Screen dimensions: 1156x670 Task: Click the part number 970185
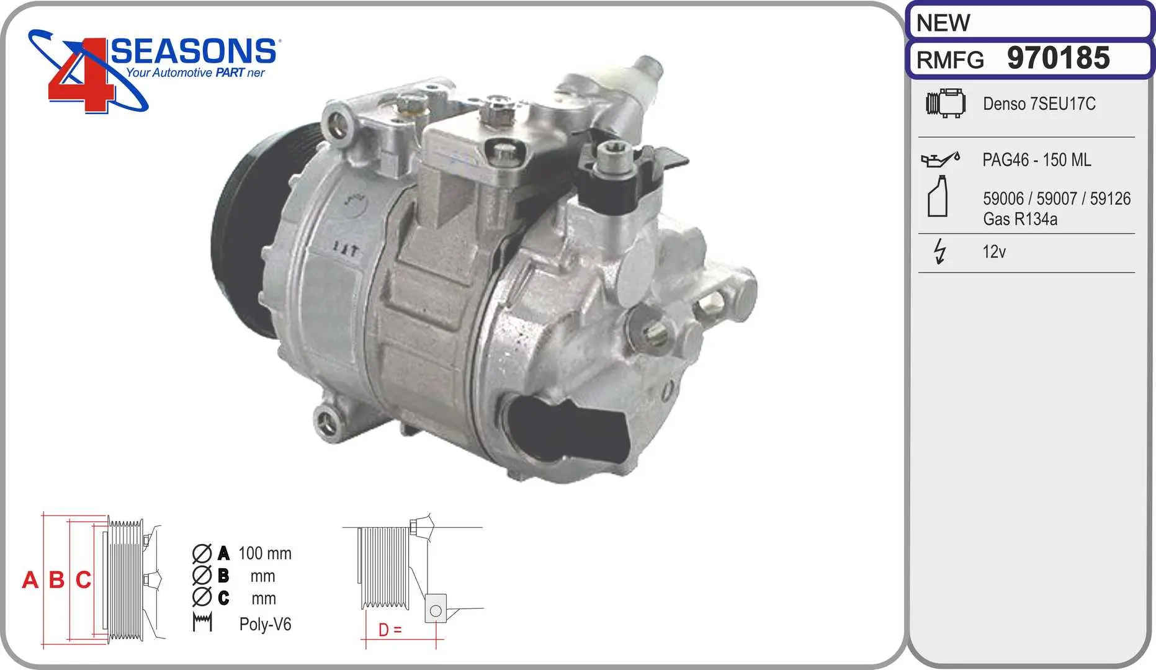[1058, 58]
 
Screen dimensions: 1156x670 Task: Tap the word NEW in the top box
[943, 23]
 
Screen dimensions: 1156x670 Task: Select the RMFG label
[950, 60]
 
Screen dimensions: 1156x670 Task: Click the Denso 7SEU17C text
[1039, 104]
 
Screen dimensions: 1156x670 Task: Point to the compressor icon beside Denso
[946, 103]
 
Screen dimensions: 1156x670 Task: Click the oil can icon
[941, 159]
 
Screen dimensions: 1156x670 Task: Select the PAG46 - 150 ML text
[1036, 160]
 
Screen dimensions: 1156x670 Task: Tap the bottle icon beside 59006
[938, 196]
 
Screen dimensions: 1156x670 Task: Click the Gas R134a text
[1020, 219]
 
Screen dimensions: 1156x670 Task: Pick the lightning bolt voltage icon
[940, 251]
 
